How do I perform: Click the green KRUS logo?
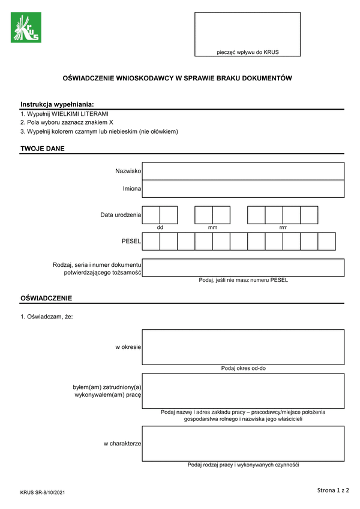tap(26, 28)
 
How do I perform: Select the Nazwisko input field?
tap(243, 171)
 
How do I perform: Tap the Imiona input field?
tap(243, 189)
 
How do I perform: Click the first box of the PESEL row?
tap(151, 242)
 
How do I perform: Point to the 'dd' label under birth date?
tap(160, 228)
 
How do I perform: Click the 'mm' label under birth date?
tap(212, 228)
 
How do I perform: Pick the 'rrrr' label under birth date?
tap(283, 228)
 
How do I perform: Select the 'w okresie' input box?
tap(243, 347)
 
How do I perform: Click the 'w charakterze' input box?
tap(243, 444)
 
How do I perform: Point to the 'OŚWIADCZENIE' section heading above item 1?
tap(46, 298)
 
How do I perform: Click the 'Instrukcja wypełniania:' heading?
tap(57, 104)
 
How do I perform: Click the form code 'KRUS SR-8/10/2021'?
tap(42, 492)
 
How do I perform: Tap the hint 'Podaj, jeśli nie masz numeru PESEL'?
tap(243, 280)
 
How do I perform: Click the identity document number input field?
tap(243, 267)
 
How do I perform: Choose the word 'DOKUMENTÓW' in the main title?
tap(263, 79)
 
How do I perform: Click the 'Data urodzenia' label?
tap(121, 215)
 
